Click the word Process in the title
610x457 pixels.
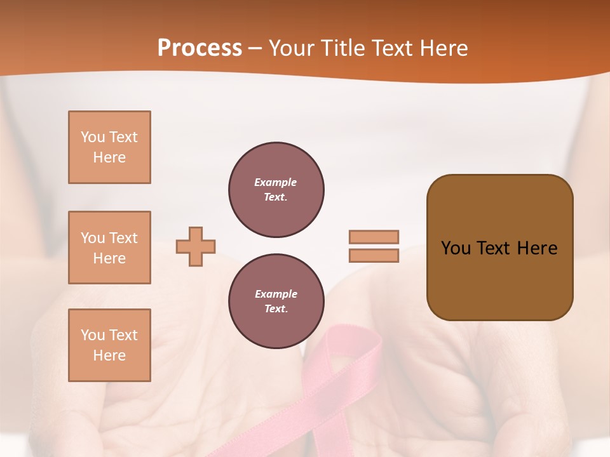[x=200, y=48]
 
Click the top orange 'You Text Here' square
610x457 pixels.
[x=109, y=147]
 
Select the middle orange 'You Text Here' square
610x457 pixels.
[x=109, y=248]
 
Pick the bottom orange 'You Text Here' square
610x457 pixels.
[x=109, y=345]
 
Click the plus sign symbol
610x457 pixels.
[x=196, y=246]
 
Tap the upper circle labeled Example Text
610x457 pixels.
[x=276, y=190]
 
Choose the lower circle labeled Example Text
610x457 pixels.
[x=276, y=301]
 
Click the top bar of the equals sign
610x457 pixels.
[x=374, y=237]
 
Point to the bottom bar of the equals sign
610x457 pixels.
[x=374, y=255]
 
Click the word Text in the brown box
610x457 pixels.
[x=493, y=248]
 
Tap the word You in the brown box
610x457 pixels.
[x=456, y=248]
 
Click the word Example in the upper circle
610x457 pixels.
[x=276, y=182]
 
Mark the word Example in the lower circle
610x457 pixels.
[x=276, y=294]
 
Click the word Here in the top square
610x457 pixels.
[x=109, y=157]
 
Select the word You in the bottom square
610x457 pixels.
[x=93, y=335]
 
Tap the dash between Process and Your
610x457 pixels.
[x=255, y=49]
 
